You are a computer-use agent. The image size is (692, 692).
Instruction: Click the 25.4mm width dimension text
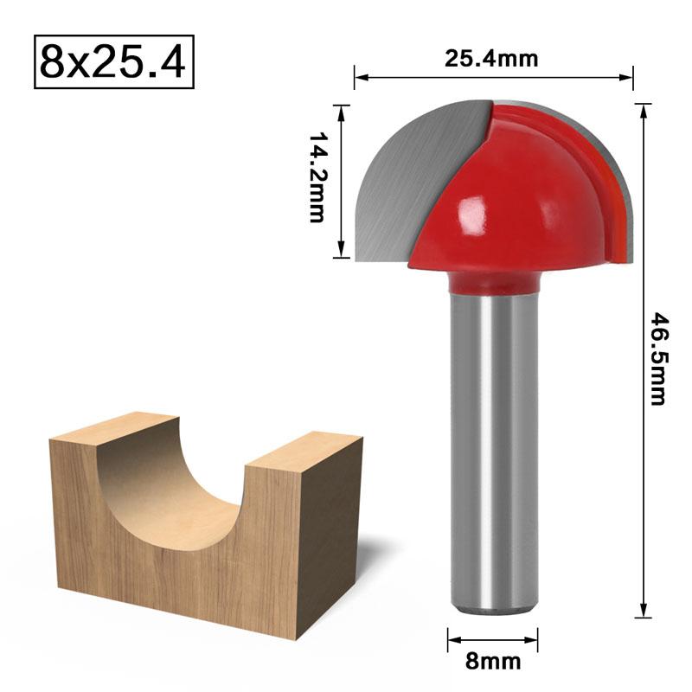point(491,59)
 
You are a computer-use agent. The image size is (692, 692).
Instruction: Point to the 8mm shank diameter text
point(493,663)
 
